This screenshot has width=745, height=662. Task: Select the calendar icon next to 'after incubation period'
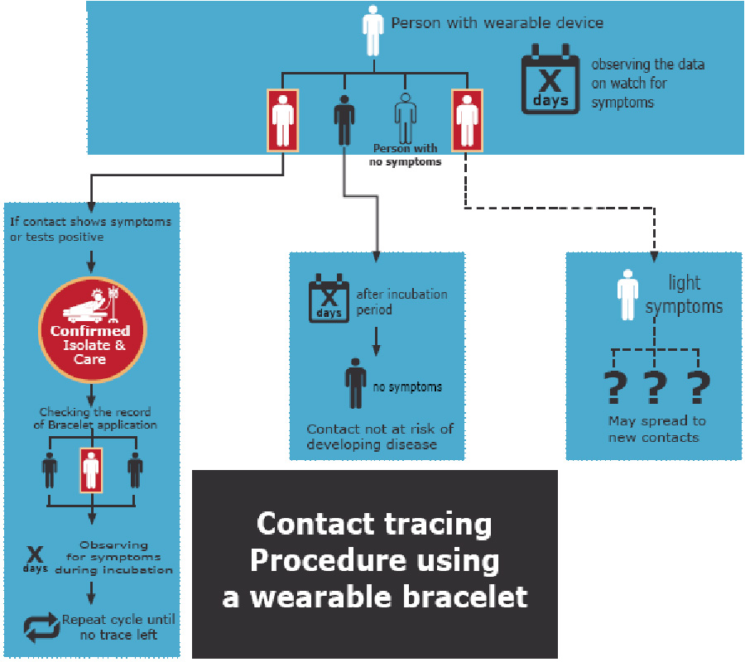pyautogui.click(x=329, y=300)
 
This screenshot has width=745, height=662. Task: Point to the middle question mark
pyautogui.click(x=656, y=386)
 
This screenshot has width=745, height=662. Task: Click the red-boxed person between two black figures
pyautogui.click(x=91, y=470)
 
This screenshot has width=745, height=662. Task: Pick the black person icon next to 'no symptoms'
pyautogui.click(x=355, y=384)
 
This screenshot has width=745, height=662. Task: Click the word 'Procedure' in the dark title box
pyautogui.click(x=374, y=560)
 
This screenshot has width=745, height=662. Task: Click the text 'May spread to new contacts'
pyautogui.click(x=654, y=429)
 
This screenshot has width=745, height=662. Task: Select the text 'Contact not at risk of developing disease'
pyautogui.click(x=379, y=436)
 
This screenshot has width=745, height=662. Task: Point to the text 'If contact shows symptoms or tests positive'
pyautogui.click(x=91, y=228)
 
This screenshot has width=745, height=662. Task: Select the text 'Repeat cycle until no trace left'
pyautogui.click(x=118, y=626)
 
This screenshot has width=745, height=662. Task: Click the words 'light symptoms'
pyautogui.click(x=684, y=295)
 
